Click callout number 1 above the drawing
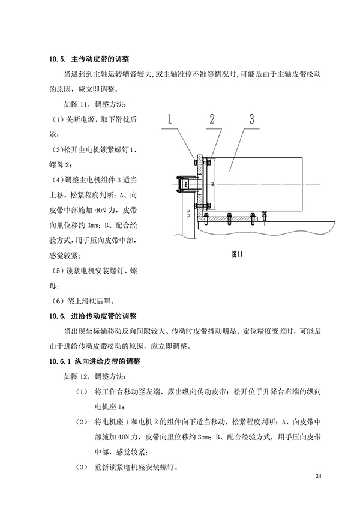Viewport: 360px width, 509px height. pos(169,119)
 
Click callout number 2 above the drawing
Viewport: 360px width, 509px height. pos(212,119)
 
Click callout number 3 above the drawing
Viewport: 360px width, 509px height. pos(252,119)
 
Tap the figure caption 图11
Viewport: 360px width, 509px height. pos(237,254)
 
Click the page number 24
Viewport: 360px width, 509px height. pos(318,476)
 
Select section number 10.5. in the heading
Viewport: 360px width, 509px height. pos(58,59)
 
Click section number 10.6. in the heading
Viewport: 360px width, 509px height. pos(58,316)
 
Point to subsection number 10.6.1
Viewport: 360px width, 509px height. pos(60,361)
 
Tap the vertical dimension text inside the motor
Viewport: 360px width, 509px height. pos(212,184)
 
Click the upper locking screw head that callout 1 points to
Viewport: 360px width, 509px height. pos(196,161)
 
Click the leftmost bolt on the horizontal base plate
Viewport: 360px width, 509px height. pos(206,220)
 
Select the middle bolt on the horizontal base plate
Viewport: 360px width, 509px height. pos(229,219)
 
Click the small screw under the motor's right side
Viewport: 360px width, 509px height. pos(264,214)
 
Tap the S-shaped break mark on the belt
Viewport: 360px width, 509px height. pos(188,214)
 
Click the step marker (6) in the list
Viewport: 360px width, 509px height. pos(58,301)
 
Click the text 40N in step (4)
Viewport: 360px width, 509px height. pos(100,210)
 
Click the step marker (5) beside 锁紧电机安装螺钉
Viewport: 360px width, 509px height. pos(58,271)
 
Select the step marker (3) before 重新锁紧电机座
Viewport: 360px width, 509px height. pos(82,467)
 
